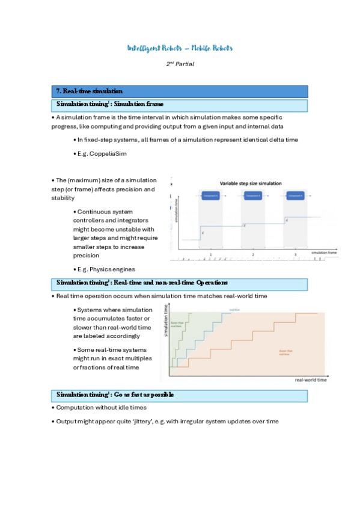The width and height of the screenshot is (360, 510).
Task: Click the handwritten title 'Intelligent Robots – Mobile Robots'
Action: pyautogui.click(x=180, y=48)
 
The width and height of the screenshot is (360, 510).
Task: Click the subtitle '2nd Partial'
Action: pyautogui.click(x=180, y=63)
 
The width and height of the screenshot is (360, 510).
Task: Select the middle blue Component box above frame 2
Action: pyautogui.click(x=253, y=196)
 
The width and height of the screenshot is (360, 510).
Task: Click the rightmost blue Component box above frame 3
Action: pyautogui.click(x=295, y=196)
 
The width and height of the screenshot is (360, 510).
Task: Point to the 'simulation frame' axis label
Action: pyautogui.click(x=324, y=253)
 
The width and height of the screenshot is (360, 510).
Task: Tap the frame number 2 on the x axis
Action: pyautogui.click(x=253, y=255)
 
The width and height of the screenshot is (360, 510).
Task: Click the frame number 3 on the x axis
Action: pyautogui.click(x=295, y=255)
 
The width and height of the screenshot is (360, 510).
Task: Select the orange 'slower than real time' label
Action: pyautogui.click(x=286, y=352)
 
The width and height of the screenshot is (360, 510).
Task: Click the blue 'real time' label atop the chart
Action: pyautogui.click(x=234, y=310)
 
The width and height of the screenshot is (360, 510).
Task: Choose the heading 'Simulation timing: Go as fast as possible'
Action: pyautogui.click(x=115, y=395)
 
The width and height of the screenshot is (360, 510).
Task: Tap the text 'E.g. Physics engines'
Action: pyautogui.click(x=103, y=269)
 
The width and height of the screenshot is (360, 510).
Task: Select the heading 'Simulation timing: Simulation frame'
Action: pyautogui.click(x=109, y=105)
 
